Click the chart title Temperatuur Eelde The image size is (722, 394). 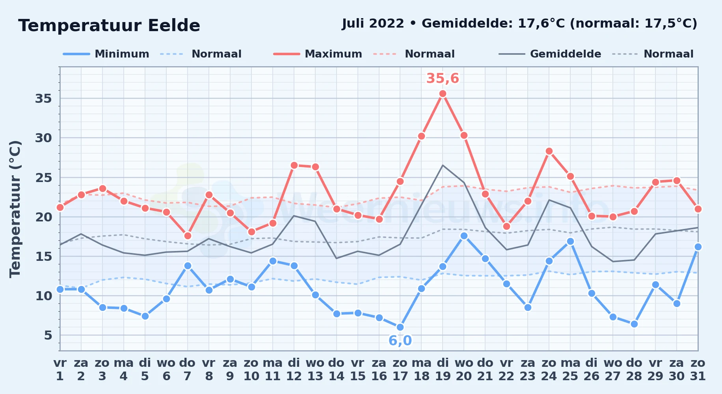(x=109, y=26)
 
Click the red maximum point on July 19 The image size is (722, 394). (x=443, y=94)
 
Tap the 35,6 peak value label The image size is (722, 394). (x=443, y=78)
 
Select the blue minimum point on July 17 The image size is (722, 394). (x=400, y=327)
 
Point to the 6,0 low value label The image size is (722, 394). (x=400, y=340)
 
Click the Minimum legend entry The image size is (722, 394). (x=106, y=54)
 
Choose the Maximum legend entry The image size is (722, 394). (x=318, y=54)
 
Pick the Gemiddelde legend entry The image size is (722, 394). (x=550, y=54)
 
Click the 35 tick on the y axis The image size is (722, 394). (x=43, y=98)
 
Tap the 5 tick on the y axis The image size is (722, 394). (x=48, y=335)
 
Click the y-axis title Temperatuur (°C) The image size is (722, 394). (x=15, y=209)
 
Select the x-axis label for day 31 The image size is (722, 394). (x=698, y=370)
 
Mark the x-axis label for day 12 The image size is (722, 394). (x=294, y=370)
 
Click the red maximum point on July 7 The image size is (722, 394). (x=188, y=236)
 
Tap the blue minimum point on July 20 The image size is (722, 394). (x=464, y=236)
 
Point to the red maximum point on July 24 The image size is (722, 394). (x=549, y=151)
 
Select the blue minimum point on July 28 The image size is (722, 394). (x=634, y=324)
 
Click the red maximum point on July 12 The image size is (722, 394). (x=294, y=165)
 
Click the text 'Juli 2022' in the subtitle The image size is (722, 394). (x=373, y=24)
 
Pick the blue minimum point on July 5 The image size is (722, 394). (x=145, y=316)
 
